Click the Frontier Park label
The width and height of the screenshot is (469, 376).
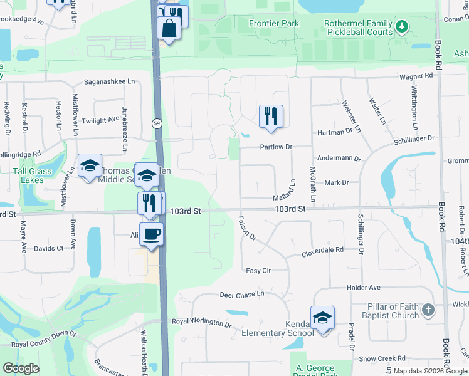coord(273,24)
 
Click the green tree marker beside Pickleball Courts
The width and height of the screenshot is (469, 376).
coord(401,27)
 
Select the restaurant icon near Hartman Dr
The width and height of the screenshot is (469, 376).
coord(271,116)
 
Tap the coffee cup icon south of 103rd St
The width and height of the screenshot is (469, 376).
coord(151,234)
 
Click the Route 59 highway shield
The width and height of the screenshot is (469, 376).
coord(156,124)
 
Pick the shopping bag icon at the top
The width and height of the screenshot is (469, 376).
coord(169,29)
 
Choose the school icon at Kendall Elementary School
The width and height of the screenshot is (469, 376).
coord(322,318)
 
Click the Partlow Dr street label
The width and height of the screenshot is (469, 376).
coord(277,147)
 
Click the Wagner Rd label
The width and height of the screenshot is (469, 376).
coord(417,76)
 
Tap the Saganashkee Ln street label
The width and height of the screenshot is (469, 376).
coord(109,81)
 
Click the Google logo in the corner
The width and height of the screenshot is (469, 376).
coord(21,368)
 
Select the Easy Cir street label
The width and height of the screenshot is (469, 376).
coord(258,271)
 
